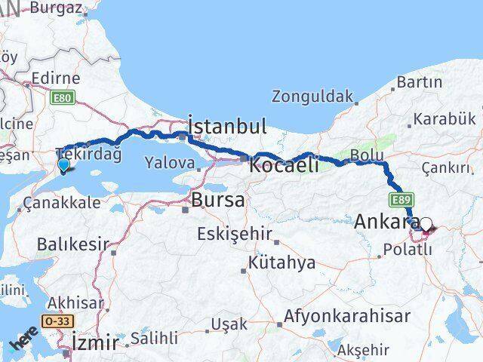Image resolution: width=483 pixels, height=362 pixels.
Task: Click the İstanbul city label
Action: click(x=226, y=127)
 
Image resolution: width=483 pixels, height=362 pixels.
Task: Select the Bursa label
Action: click(x=217, y=200)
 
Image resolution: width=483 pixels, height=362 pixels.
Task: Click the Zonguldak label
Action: click(x=312, y=96)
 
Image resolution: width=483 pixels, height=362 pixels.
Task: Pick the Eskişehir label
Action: click(x=234, y=234)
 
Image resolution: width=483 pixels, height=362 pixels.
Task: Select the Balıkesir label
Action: click(x=72, y=244)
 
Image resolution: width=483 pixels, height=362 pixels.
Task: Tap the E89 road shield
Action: click(x=401, y=200)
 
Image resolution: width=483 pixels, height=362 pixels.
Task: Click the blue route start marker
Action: click(x=63, y=165)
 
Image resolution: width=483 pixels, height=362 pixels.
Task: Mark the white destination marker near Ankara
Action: click(x=426, y=224)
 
